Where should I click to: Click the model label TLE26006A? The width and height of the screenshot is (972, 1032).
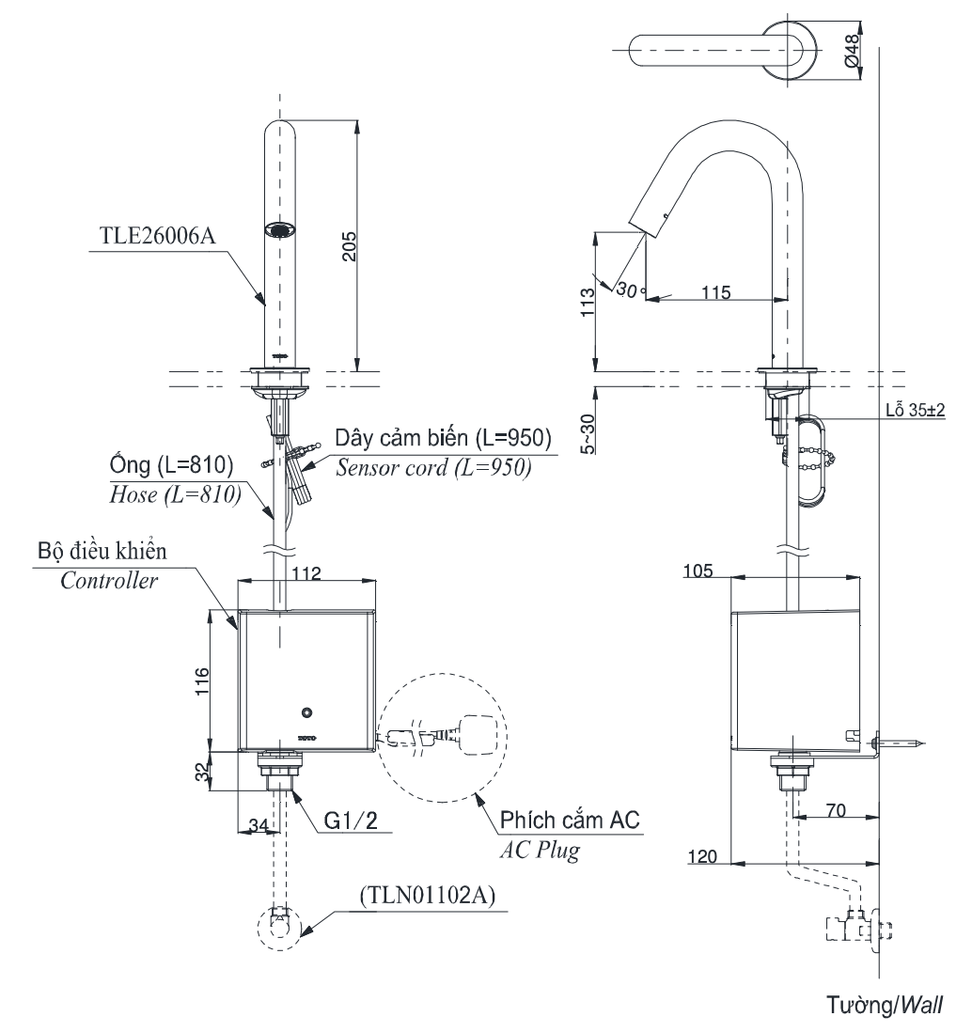(157, 235)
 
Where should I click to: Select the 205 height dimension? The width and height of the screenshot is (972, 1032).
(349, 246)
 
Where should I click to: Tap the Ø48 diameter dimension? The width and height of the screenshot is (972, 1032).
(852, 51)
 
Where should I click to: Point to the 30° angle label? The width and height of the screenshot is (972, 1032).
(631, 289)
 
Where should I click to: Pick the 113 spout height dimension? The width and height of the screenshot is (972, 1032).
(587, 302)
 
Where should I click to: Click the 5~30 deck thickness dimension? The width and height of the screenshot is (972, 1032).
(587, 433)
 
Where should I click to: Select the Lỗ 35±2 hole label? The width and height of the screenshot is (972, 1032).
(915, 410)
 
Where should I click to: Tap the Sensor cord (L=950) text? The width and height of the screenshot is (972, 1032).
(433, 468)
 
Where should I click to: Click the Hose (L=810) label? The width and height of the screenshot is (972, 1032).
(175, 495)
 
